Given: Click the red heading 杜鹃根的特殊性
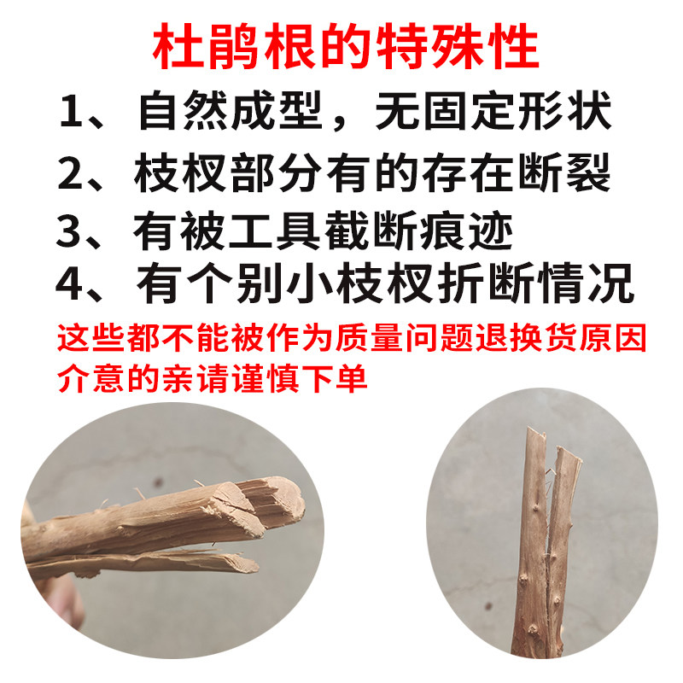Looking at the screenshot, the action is click(x=346, y=46).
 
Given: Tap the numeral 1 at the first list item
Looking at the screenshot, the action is click(x=71, y=111).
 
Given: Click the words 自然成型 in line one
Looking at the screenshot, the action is click(x=231, y=111).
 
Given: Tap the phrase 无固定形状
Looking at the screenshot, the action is click(x=493, y=111).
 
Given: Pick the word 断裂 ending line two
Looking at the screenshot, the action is click(x=564, y=172).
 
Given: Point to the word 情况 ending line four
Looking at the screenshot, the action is click(x=586, y=283).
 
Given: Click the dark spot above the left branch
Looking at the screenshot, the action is click(x=158, y=482).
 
